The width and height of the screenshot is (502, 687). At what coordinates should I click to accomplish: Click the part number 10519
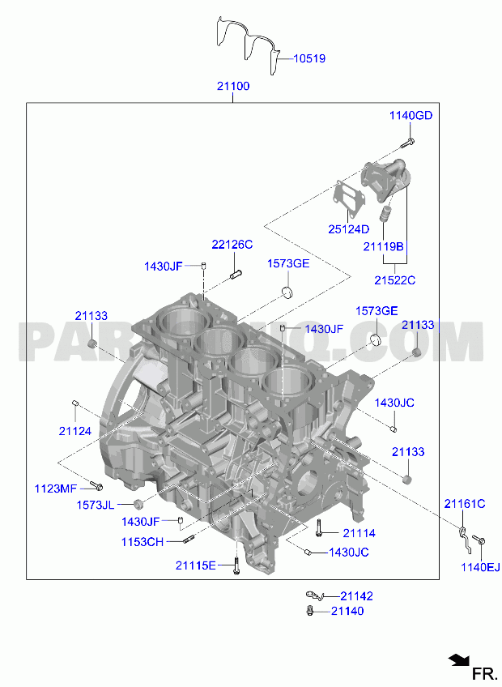click(309, 58)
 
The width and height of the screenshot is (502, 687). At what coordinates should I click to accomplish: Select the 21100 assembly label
click(233, 86)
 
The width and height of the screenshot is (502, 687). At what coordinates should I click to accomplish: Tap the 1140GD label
click(411, 115)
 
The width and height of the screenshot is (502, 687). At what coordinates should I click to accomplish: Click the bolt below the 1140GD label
click(408, 143)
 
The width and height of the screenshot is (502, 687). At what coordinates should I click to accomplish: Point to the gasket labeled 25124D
click(350, 196)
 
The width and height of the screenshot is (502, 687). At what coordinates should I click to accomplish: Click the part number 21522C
click(394, 280)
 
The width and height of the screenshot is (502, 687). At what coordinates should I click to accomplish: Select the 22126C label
click(232, 244)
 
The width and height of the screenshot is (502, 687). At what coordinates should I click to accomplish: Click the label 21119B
click(383, 246)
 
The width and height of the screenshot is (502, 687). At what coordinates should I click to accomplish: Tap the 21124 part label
click(75, 431)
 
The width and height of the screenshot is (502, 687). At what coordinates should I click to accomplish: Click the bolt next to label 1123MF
click(96, 485)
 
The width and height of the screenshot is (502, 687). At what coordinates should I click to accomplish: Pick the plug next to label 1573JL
click(138, 503)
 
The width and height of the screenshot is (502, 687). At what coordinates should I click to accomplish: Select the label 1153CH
click(143, 542)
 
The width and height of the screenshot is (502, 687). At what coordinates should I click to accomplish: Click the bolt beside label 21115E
click(236, 565)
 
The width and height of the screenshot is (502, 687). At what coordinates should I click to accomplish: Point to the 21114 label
click(359, 533)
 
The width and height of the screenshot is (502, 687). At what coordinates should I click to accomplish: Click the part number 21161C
click(465, 504)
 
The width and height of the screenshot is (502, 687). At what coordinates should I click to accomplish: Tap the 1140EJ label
click(480, 567)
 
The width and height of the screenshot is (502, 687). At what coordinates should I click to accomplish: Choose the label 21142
click(356, 596)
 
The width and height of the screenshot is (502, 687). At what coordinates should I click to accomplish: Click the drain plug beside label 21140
click(310, 611)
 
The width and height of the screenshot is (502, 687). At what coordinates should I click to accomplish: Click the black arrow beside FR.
click(458, 659)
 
